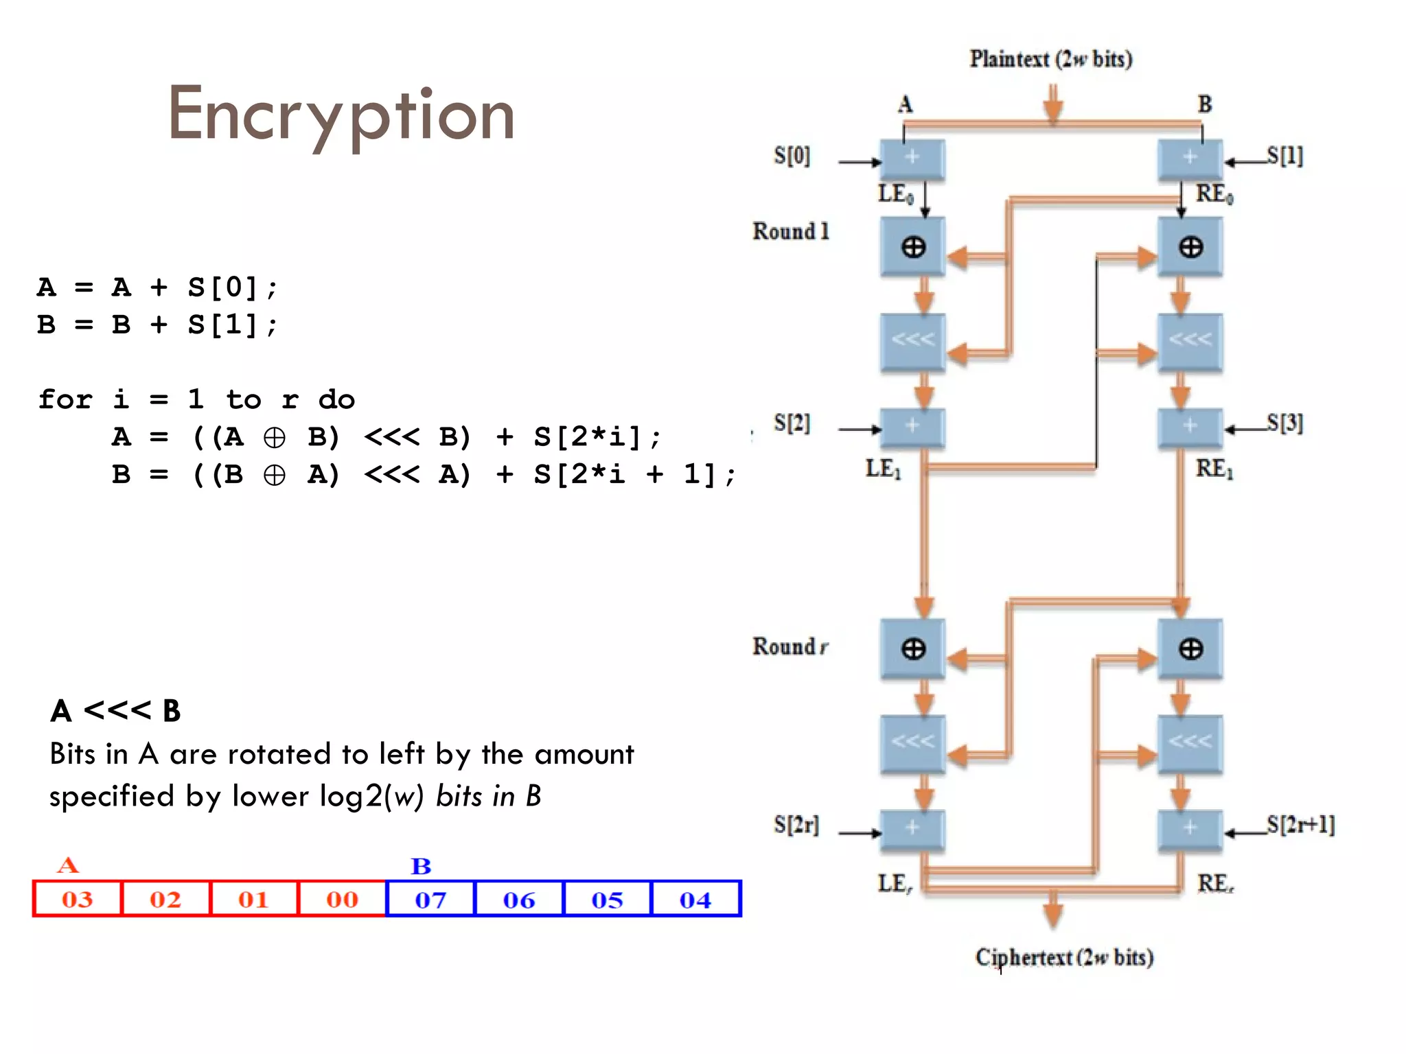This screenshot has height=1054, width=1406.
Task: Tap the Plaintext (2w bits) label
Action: [x=1050, y=59]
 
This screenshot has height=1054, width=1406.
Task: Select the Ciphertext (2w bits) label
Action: [x=1064, y=957]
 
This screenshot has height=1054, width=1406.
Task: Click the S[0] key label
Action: [x=792, y=156]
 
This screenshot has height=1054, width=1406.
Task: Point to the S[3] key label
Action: [x=1284, y=423]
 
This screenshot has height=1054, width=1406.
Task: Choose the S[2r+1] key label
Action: [x=1300, y=824]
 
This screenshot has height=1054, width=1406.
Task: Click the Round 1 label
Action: [x=791, y=231]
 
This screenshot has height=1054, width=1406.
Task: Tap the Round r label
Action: [x=790, y=646]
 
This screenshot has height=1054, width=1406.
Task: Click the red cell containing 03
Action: [x=77, y=899]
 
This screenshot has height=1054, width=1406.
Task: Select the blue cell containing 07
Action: [x=430, y=900]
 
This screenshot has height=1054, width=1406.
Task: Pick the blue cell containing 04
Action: [x=695, y=900]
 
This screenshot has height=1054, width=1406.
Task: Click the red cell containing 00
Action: [x=342, y=899]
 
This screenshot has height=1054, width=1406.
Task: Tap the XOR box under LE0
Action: [x=912, y=247]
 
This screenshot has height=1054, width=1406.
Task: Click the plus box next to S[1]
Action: [x=1190, y=158]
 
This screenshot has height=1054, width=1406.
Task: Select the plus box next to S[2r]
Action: [x=912, y=829]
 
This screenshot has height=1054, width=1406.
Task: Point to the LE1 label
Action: [x=883, y=469]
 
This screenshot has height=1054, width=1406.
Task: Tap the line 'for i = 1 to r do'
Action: [x=196, y=399]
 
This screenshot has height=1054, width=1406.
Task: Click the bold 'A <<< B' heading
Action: [x=115, y=711]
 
